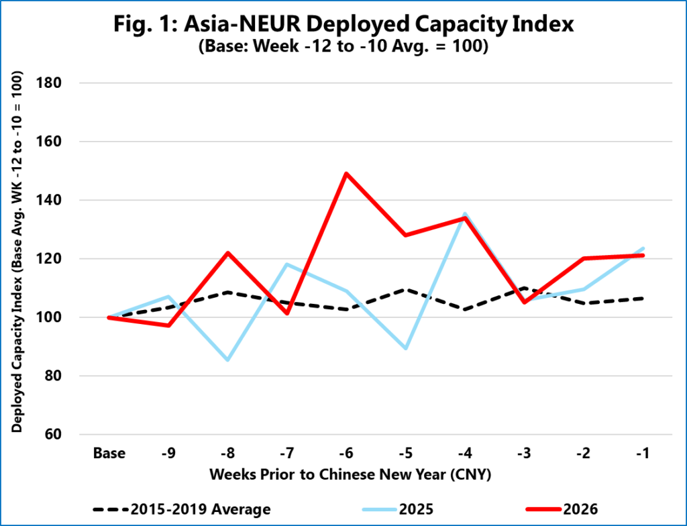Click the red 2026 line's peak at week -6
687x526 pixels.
click(x=346, y=174)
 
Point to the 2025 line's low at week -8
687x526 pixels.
click(x=228, y=360)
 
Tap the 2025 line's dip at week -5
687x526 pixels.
click(x=406, y=348)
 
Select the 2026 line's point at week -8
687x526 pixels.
click(x=228, y=253)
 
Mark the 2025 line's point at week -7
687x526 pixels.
click(x=287, y=264)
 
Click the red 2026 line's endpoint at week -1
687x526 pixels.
click(x=643, y=255)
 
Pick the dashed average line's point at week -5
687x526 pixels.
click(x=406, y=289)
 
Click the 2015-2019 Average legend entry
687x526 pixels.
click(x=182, y=509)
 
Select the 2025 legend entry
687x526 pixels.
click(x=398, y=509)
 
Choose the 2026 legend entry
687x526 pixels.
click(x=562, y=509)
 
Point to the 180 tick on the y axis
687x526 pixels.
click(x=48, y=83)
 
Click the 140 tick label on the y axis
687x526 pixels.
click(x=48, y=200)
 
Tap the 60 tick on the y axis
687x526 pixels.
click(x=52, y=434)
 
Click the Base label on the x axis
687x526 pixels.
click(x=109, y=453)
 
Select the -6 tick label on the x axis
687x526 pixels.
click(x=346, y=453)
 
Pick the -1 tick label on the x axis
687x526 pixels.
click(x=643, y=453)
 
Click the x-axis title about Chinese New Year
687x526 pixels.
click(x=350, y=474)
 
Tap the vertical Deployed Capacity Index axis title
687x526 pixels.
click(x=17, y=252)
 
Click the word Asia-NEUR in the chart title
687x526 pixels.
click(x=242, y=24)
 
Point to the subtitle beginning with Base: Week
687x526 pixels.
click(x=343, y=46)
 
